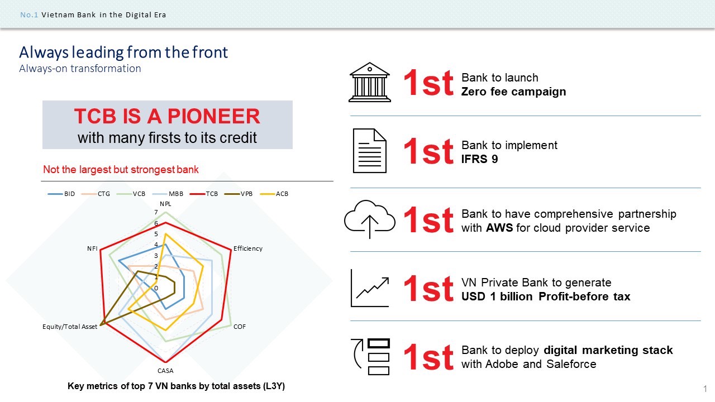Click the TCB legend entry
[x=204, y=194]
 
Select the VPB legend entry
[x=239, y=194]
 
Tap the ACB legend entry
[x=274, y=194]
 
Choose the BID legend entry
[x=61, y=194]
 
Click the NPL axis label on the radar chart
[x=165, y=204]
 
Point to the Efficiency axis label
[x=248, y=248]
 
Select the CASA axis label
[x=165, y=371]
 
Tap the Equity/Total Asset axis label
[x=70, y=327]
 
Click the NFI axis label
[x=92, y=248]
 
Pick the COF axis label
[x=240, y=327]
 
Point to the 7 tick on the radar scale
[x=156, y=212]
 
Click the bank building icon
[x=370, y=82]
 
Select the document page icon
[x=370, y=151]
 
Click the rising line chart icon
[x=370, y=288]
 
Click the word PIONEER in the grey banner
[x=214, y=116]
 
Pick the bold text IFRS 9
[x=479, y=159]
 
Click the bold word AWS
[x=499, y=228]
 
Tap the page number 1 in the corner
[x=705, y=389]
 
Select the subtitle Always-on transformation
[x=80, y=69]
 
